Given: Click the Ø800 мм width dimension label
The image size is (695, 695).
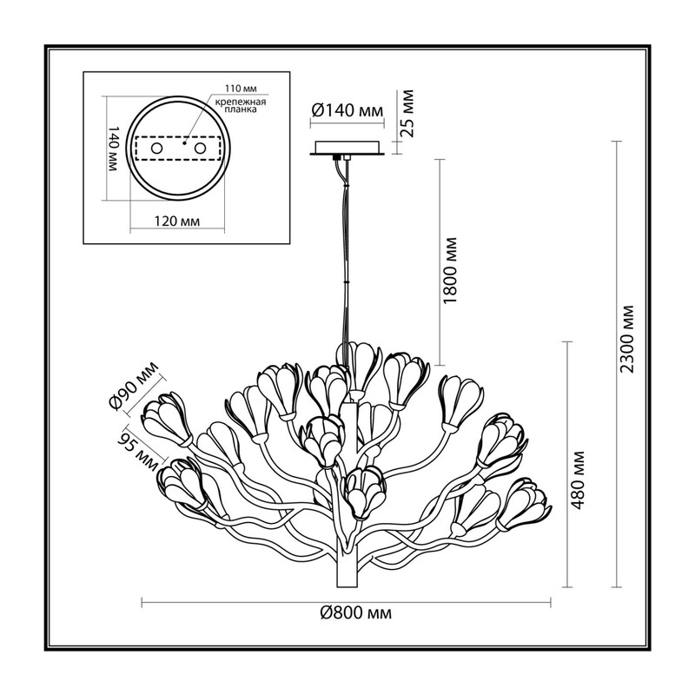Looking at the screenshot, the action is coord(356,613).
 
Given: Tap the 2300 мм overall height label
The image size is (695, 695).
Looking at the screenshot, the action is coord(627,339).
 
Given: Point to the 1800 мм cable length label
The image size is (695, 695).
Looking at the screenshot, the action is coord(449,270).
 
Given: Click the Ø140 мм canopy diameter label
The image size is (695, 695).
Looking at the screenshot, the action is coord(347,110).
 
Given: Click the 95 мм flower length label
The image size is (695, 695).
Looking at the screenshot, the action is coord(137,451).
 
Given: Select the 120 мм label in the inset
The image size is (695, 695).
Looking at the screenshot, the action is coord(178,221).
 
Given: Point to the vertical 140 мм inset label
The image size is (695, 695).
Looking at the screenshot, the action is coord(113,149).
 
